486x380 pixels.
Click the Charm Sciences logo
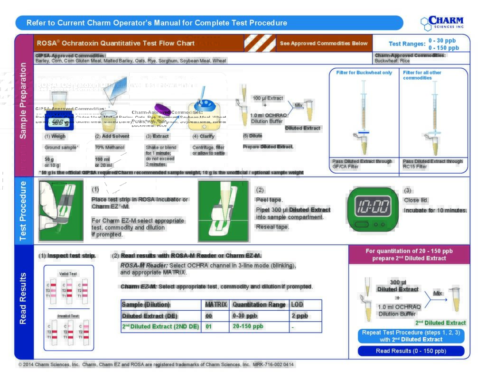(x=442, y=23)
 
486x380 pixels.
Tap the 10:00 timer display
(x=373, y=207)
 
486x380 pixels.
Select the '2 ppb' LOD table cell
(x=299, y=316)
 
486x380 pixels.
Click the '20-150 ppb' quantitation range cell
(x=248, y=326)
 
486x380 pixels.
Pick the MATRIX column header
(x=216, y=305)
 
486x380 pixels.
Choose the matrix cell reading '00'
(x=209, y=316)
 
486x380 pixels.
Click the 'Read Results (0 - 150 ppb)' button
(x=411, y=351)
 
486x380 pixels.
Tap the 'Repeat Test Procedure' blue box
(x=411, y=336)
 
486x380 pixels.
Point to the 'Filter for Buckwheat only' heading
(x=364, y=73)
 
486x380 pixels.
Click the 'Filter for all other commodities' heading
(x=422, y=75)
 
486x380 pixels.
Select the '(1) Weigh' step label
(x=55, y=136)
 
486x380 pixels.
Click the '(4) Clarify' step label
(x=203, y=136)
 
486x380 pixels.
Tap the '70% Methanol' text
(x=110, y=148)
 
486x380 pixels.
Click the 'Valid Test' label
(x=68, y=274)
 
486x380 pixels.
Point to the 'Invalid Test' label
(x=68, y=316)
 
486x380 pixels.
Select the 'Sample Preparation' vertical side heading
(x=23, y=107)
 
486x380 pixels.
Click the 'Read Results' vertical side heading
(x=23, y=298)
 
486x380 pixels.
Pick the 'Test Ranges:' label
(x=407, y=44)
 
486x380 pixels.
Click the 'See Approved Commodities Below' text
(x=324, y=43)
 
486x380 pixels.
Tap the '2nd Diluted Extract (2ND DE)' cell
(x=161, y=326)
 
